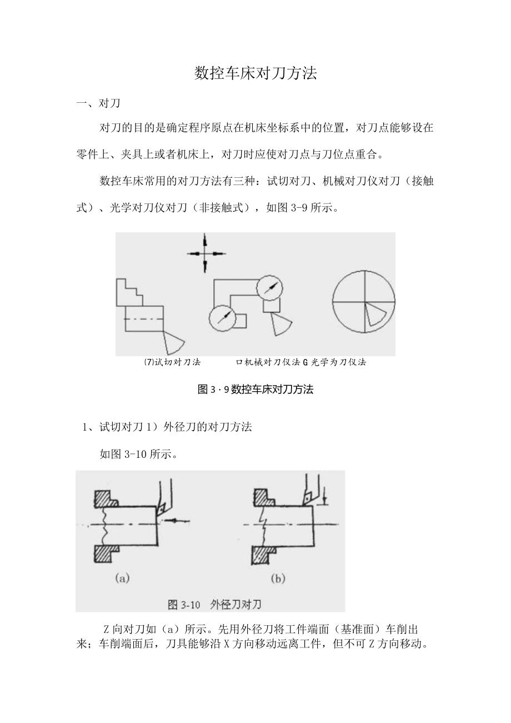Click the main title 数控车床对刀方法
255,73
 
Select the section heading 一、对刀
98,103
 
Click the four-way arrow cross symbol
206,253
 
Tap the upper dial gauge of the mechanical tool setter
270,288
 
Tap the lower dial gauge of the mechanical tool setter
222,318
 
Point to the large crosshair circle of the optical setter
364,302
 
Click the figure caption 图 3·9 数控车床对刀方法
255,390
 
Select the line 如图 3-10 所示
138,454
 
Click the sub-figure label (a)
122,579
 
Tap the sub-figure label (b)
277,579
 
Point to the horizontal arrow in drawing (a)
178,521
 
